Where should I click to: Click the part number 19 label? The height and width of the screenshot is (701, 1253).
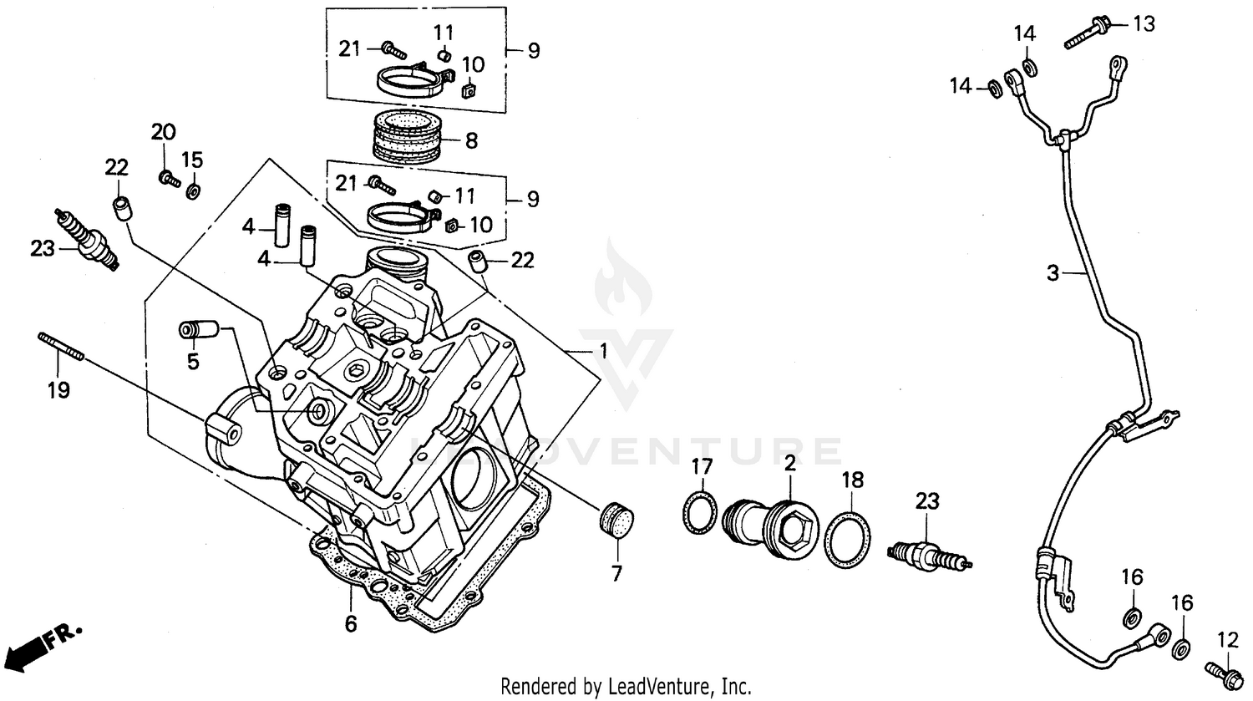pos(58,389)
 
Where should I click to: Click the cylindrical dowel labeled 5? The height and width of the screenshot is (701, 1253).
pos(200,330)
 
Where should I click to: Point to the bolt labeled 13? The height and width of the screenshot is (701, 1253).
pos(1087,35)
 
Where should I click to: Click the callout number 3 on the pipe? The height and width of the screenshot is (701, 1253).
pos(1053,272)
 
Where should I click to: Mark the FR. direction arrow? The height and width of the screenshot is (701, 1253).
pos(42,643)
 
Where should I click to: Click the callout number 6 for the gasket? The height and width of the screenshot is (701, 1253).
pos(351,623)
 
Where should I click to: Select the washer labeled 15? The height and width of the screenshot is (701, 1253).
pos(193,191)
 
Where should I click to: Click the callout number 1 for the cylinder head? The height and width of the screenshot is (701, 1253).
pos(601,353)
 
